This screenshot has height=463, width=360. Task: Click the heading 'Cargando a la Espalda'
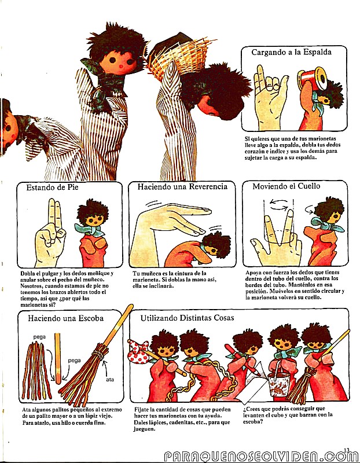(291, 53)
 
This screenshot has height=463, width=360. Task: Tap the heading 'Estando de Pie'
(52, 188)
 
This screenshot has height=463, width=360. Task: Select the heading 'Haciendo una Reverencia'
(182, 186)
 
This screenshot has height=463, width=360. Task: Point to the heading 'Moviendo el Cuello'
(286, 186)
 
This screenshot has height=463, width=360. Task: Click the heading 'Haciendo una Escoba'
(65, 318)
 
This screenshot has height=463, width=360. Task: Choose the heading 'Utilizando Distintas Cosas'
(188, 318)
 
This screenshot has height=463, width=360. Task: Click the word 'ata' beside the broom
(110, 380)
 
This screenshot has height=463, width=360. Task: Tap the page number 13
(347, 450)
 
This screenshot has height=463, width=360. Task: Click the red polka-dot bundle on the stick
(138, 351)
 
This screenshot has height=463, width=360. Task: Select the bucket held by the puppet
(278, 383)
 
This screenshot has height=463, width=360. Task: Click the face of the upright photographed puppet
(117, 62)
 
